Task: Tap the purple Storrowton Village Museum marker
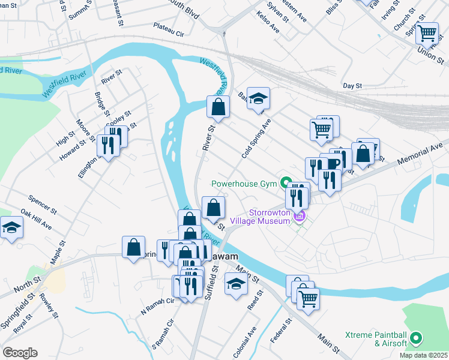301,215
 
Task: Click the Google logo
19,353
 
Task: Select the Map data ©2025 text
423,355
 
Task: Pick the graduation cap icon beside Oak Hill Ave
11,228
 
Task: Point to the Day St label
352,86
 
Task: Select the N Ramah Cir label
157,307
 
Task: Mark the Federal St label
280,331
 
